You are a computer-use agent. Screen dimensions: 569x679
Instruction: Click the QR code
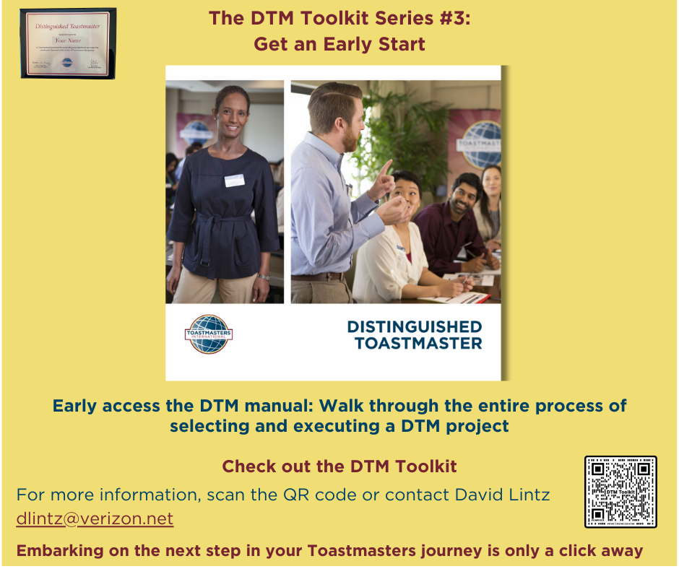[x=620, y=492]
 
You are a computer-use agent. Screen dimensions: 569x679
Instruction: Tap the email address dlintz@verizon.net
[x=95, y=518]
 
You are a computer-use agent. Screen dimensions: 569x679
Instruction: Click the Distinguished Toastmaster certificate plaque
[x=68, y=43]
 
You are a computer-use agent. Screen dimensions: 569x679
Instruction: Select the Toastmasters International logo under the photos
[x=209, y=334]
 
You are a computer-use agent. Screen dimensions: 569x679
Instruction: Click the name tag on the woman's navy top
[x=234, y=181]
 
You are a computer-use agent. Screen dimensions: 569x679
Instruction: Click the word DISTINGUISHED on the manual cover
[x=415, y=326]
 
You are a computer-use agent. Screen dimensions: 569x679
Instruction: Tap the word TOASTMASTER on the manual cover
[x=418, y=343]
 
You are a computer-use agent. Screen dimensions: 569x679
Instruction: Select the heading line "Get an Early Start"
[x=339, y=44]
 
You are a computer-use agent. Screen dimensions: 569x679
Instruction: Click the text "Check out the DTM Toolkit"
[x=339, y=466]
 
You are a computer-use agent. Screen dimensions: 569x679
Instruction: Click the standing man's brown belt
[x=317, y=276]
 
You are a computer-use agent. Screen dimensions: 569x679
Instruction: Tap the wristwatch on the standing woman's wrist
[x=264, y=276]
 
